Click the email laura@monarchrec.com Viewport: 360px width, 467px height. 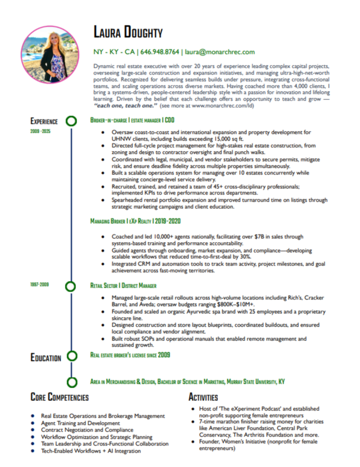coord(220,52)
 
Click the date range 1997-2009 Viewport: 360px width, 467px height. coord(40,284)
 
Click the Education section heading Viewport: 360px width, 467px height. coord(45,358)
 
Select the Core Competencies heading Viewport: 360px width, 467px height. coord(59,398)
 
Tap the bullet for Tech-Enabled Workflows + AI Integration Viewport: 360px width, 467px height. coord(34,451)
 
